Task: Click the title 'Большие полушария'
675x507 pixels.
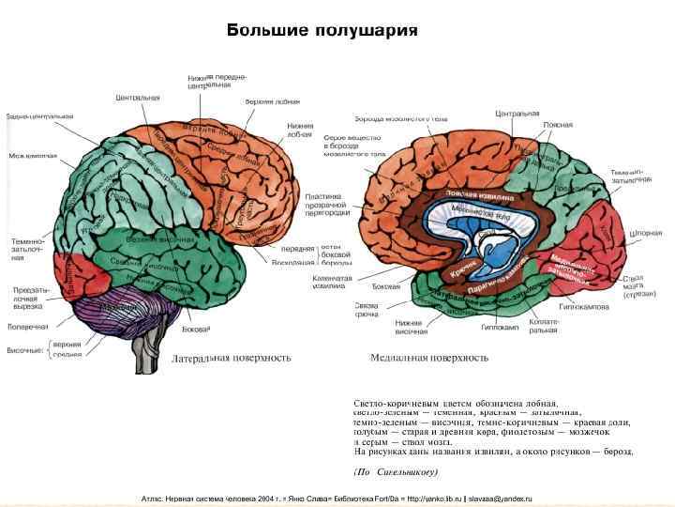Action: coord(322,30)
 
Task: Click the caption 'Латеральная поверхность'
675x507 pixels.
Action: coord(232,358)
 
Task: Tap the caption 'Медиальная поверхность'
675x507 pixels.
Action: coord(428,358)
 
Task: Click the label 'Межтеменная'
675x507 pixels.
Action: coord(33,156)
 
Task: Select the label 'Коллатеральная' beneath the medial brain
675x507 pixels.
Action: coord(544,325)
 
